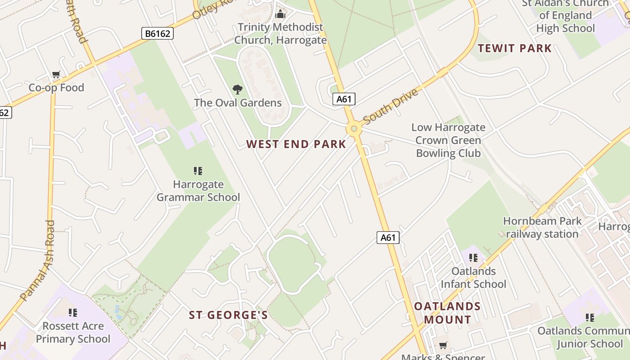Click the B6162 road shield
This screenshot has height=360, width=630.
(x=157, y=33)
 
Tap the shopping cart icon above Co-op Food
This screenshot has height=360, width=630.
(x=56, y=75)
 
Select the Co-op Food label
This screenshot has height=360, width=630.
(x=56, y=88)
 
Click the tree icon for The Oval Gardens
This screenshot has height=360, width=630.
(x=237, y=90)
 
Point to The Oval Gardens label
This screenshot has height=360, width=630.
(x=238, y=103)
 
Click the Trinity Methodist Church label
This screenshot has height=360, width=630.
(x=280, y=33)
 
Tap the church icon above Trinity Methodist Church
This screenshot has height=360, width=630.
(x=280, y=14)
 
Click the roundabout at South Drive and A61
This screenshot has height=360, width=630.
(x=354, y=129)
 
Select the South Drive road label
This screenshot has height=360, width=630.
(x=390, y=106)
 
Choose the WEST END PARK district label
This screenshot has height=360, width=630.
(x=296, y=144)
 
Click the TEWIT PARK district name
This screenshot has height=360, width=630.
(x=514, y=48)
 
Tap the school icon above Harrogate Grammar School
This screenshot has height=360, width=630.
(x=198, y=171)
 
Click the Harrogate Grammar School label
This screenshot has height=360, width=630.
(x=198, y=191)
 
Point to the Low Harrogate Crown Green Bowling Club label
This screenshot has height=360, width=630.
(x=448, y=140)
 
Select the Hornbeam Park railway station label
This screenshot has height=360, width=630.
(x=542, y=227)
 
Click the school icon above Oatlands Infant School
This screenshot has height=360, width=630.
(x=473, y=258)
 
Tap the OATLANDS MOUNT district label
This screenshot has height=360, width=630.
(x=447, y=313)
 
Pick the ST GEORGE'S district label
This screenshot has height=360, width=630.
(x=228, y=315)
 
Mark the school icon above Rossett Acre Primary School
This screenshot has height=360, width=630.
(x=73, y=312)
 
